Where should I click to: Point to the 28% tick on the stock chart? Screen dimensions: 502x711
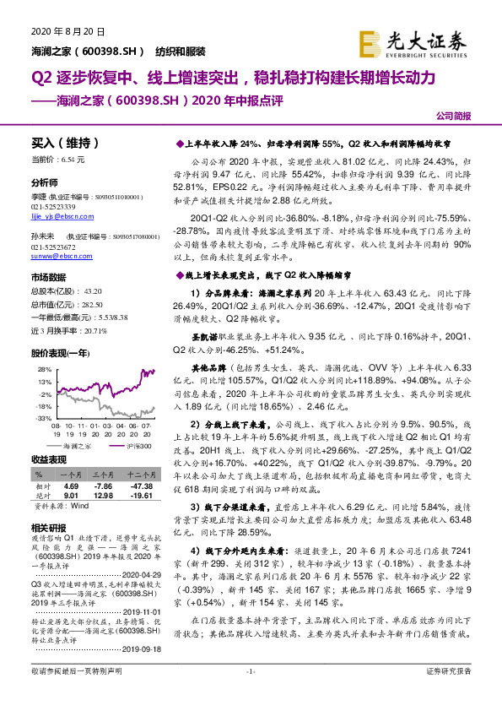tap(40, 369)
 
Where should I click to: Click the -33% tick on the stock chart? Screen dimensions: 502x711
tap(39, 417)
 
